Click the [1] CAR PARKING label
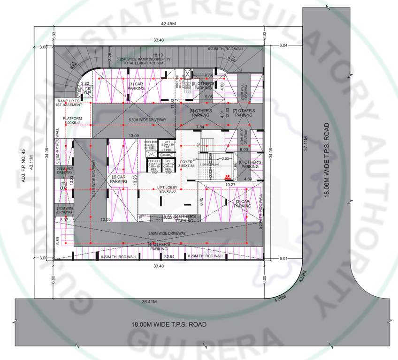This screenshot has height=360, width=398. [136, 86]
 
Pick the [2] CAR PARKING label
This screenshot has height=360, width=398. [119, 179]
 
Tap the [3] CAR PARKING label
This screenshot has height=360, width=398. [243, 203]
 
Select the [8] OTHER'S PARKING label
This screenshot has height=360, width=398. [200, 113]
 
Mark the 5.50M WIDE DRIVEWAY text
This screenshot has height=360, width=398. [147, 120]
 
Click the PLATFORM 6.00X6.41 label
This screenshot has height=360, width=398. [72, 120]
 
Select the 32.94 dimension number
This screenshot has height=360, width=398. [169, 257]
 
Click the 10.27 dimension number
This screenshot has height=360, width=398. [230, 184]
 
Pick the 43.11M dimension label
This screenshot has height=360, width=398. [31, 162]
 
